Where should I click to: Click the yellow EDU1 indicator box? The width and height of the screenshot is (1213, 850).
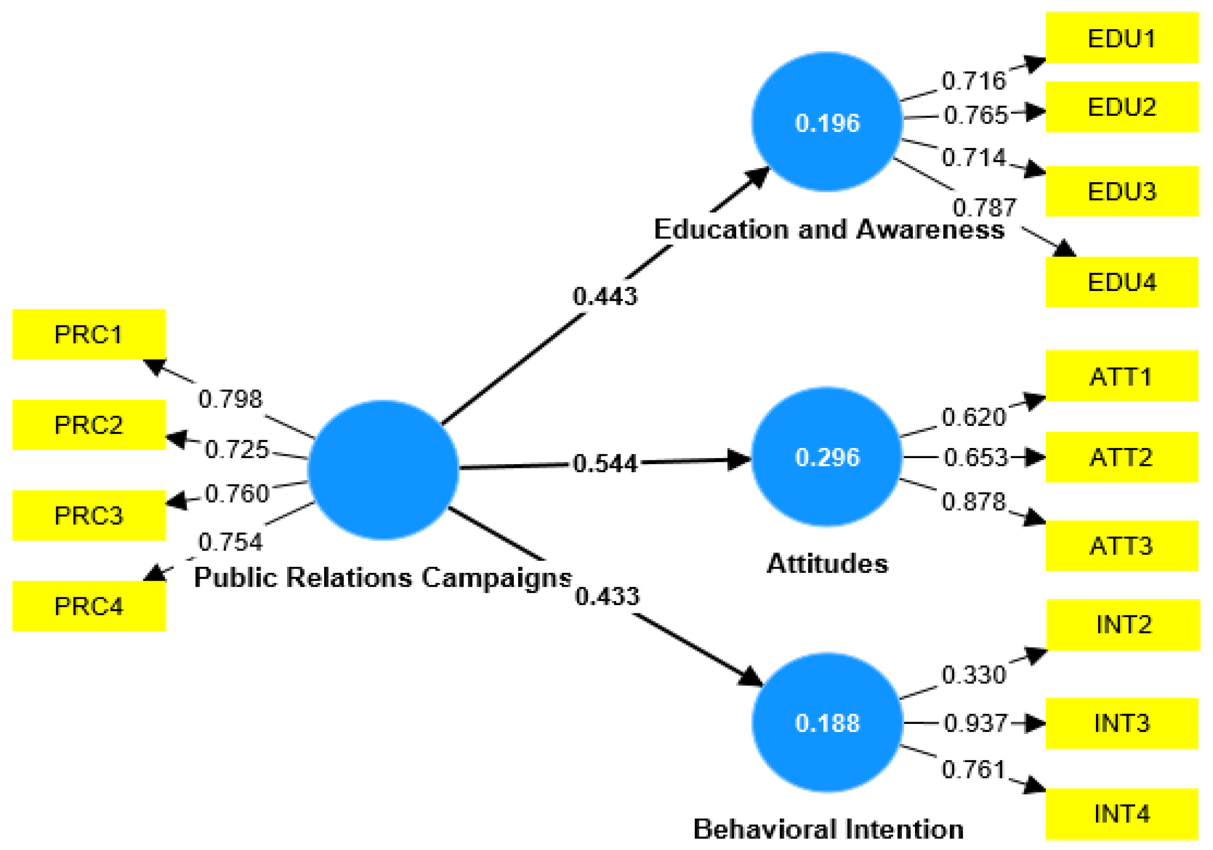[x=1121, y=38]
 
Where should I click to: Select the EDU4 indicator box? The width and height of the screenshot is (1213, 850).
[x=1121, y=281]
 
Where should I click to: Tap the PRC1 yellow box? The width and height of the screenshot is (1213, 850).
[x=89, y=334]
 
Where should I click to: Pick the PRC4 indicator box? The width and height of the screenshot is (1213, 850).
[x=89, y=606]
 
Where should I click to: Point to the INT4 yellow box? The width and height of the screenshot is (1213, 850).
[x=1121, y=813]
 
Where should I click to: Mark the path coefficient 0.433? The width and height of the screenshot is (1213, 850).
[x=607, y=596]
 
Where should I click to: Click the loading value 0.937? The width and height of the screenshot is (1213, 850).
[x=975, y=723]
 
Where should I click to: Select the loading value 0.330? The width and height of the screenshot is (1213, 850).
[x=974, y=675]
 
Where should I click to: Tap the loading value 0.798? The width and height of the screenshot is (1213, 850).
[x=230, y=398]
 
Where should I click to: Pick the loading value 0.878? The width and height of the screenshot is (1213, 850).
[x=974, y=501]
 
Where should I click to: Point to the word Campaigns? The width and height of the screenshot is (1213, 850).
[x=496, y=577]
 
